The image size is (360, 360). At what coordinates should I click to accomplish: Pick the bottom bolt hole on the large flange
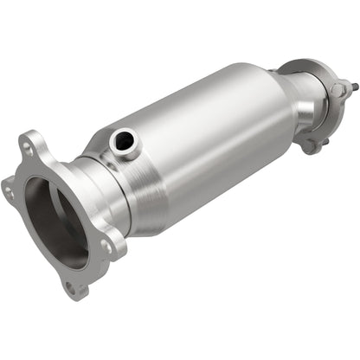[x=72, y=285]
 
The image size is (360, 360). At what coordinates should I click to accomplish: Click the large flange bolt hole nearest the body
[x=106, y=246]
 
